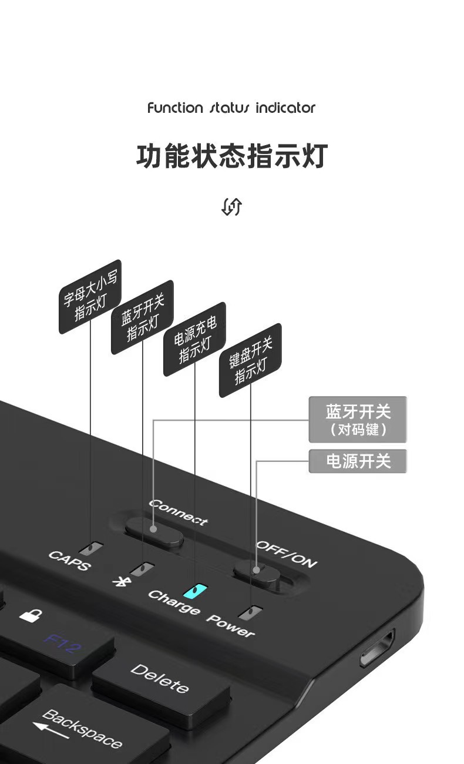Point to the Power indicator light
251,612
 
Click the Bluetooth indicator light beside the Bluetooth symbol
142,569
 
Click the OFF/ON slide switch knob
256,571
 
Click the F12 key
62,644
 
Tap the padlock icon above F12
31,615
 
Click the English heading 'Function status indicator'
231,108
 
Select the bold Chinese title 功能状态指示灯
231,156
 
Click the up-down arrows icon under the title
231,206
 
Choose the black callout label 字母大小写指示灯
90,296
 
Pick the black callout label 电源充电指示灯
194,339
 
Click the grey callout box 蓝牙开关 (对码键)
358,420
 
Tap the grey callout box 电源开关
358,461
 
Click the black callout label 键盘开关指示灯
250,360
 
